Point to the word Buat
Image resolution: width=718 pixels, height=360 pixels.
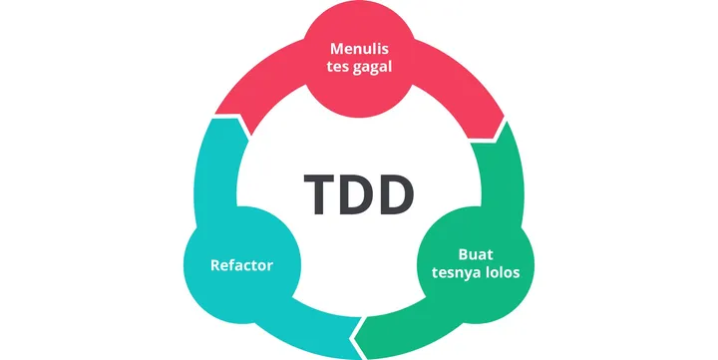[475, 253]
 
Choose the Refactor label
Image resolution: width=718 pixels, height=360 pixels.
[241, 265]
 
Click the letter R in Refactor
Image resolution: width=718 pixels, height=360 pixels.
[215, 265]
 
